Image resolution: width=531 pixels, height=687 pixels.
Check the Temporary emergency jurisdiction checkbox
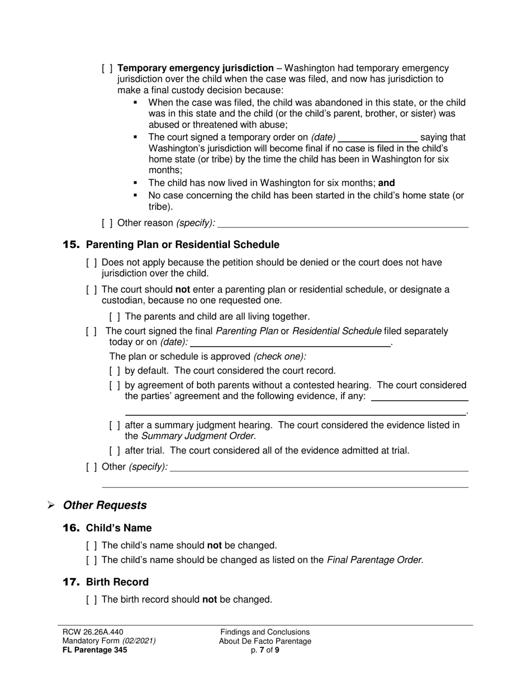pos(107,68)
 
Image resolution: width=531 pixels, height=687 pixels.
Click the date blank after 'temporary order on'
pos(378,138)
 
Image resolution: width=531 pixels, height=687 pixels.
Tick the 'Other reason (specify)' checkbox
pos(107,223)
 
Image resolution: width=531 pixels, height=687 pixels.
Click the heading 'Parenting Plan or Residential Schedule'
pos(182,245)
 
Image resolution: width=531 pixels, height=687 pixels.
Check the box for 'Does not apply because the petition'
pos(92,263)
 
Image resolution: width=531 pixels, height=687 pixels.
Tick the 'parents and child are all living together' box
pos(115,316)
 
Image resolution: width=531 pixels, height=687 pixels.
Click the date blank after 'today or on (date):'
pos(290,342)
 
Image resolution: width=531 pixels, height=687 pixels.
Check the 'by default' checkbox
pos(115,370)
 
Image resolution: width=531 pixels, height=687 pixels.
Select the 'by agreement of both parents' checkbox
pos(115,385)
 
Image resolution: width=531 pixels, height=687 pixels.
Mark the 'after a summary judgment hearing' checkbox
pos(115,425)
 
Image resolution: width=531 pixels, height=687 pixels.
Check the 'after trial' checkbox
pos(115,450)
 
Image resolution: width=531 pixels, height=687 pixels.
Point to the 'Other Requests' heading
pos(105,505)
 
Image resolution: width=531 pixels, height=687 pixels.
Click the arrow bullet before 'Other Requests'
pos(51,505)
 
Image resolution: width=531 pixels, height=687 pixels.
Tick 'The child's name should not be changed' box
pos(92,545)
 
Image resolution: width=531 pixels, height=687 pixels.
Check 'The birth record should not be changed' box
pos(92,599)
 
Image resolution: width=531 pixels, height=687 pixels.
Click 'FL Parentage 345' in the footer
pos(95,650)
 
